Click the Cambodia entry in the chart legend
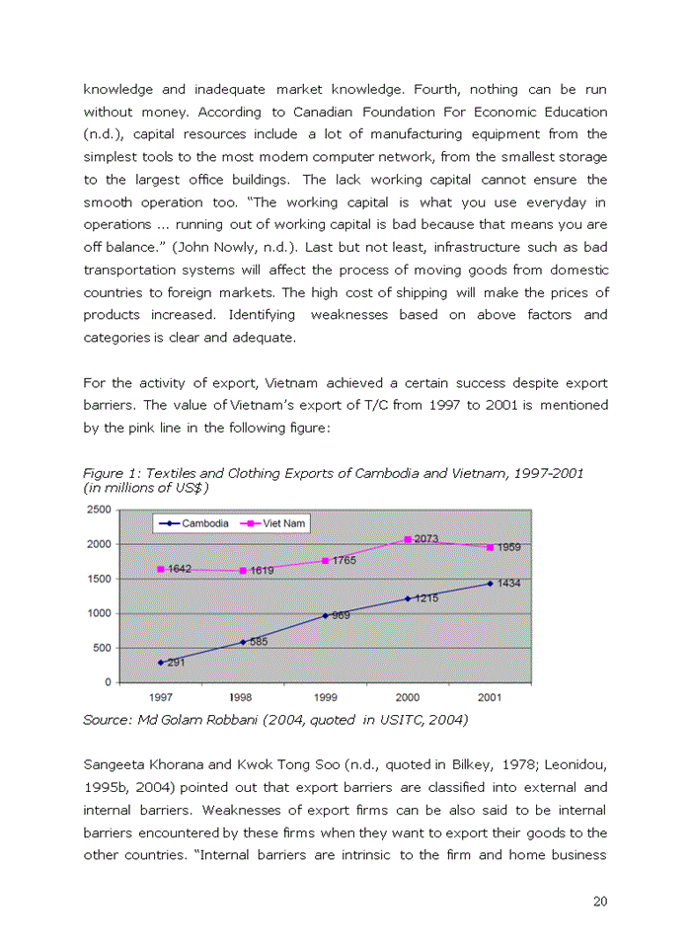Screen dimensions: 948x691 tap(197, 522)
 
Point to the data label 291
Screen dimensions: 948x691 tap(175, 663)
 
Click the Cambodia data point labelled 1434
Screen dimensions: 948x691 tap(491, 584)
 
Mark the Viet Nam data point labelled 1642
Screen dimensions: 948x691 tap(160, 569)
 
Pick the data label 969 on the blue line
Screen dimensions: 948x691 tap(341, 615)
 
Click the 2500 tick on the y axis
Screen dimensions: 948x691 tap(98, 510)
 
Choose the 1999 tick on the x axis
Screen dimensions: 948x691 tap(325, 697)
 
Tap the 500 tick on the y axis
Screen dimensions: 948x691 tap(102, 648)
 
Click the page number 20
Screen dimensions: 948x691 tap(599, 900)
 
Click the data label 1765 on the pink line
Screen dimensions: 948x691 tap(344, 560)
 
